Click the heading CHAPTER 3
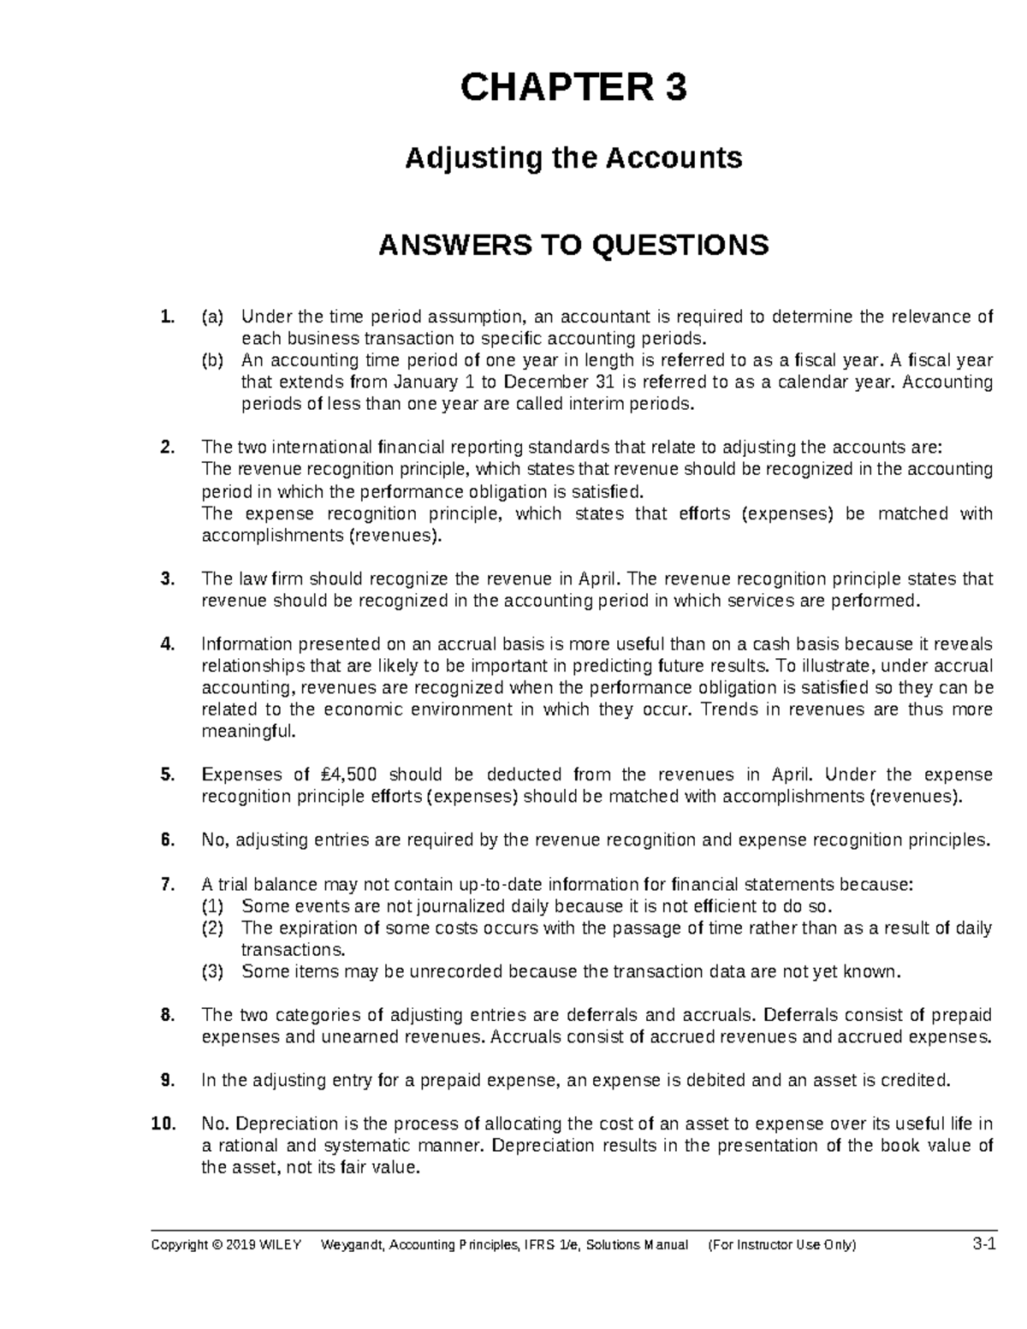[x=573, y=87]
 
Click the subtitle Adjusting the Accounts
[x=573, y=158]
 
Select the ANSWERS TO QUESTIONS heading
[x=573, y=246]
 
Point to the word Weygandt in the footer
[x=351, y=1245]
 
